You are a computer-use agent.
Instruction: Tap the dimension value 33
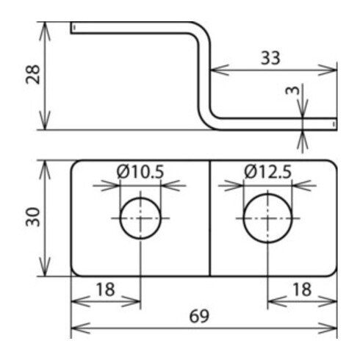[x=270, y=58]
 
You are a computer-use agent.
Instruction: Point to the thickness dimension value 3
[x=292, y=91]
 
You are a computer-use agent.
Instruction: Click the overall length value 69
[x=199, y=316]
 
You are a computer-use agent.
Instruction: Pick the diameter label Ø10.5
[x=140, y=172]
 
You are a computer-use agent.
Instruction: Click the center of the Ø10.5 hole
[x=140, y=218]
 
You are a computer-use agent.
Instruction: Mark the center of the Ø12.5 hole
[x=267, y=218]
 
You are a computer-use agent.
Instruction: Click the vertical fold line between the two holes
[x=210, y=217]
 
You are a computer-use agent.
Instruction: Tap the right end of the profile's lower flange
[x=334, y=123]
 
